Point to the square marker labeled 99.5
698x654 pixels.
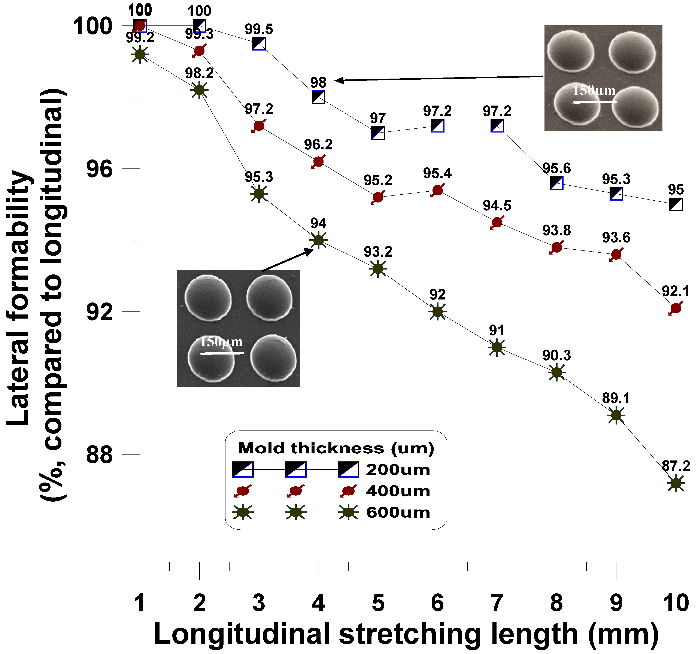click(259, 44)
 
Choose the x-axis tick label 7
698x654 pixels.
click(497, 603)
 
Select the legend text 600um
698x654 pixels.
click(398, 512)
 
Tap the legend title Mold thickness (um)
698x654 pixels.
click(336, 448)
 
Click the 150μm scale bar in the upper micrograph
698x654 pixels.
click(594, 102)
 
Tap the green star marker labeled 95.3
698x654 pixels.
click(259, 194)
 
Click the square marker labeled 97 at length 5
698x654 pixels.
click(378, 133)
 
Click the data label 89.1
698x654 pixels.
click(616, 398)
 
